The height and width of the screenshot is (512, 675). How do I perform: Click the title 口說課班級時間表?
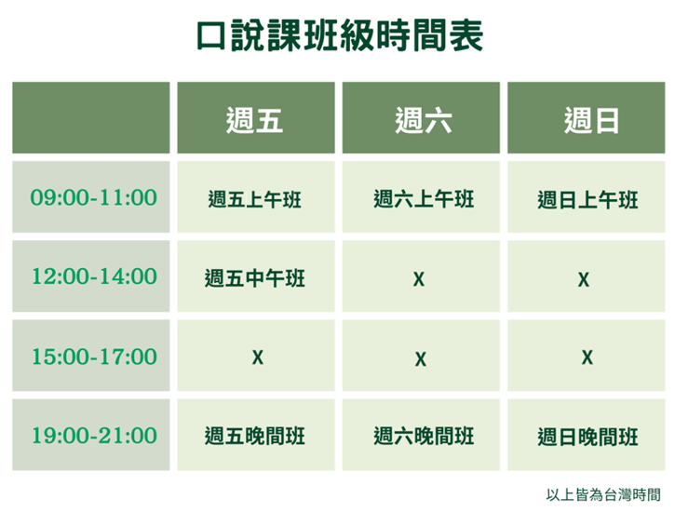point(340,35)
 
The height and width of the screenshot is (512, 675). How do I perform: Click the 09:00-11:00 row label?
point(93,197)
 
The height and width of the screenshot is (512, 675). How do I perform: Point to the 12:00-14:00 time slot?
point(94,276)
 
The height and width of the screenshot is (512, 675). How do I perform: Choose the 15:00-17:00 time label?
point(94,357)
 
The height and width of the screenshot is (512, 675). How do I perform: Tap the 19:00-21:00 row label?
point(94,436)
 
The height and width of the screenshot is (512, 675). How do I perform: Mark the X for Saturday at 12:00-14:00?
point(419,279)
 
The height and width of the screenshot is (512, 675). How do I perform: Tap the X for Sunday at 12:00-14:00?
point(584,279)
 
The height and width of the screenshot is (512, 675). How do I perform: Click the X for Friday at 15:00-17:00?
point(257,357)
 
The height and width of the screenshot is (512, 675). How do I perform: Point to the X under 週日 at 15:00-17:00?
point(587,357)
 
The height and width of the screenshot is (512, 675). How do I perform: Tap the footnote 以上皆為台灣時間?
point(603,495)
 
